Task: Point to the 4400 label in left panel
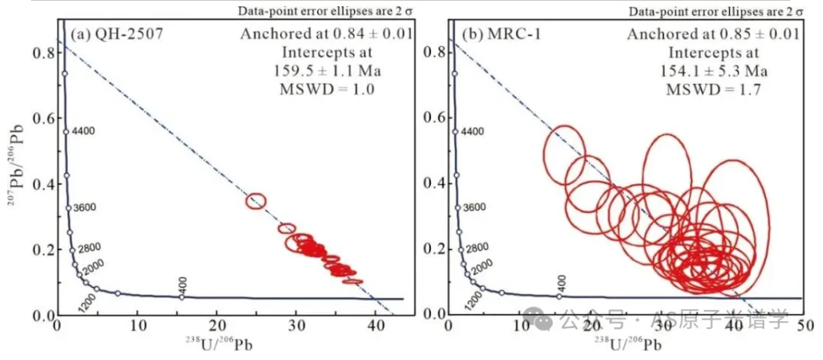pos(83,131)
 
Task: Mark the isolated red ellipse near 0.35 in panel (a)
pos(256,201)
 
